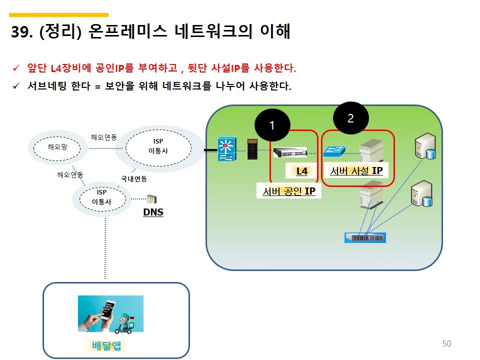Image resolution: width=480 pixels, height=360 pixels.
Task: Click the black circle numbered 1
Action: coord(272,125)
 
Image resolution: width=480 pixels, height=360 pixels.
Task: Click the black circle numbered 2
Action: coord(350,118)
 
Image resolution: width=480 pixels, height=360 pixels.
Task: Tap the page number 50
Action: coord(446,343)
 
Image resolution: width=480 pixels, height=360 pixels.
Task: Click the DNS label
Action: coord(153,212)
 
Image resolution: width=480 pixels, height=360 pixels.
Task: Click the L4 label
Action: coord(301,171)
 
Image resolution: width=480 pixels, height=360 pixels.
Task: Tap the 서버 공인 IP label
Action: coord(289,191)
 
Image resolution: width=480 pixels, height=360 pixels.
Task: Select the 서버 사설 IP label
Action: coord(356,171)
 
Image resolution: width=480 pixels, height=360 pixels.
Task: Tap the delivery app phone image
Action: coord(110,313)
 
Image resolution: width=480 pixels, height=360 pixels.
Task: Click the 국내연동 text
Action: coord(133,178)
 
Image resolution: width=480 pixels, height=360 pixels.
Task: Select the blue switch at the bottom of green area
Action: coord(365,237)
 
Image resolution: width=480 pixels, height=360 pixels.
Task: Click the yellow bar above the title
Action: coord(59,15)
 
